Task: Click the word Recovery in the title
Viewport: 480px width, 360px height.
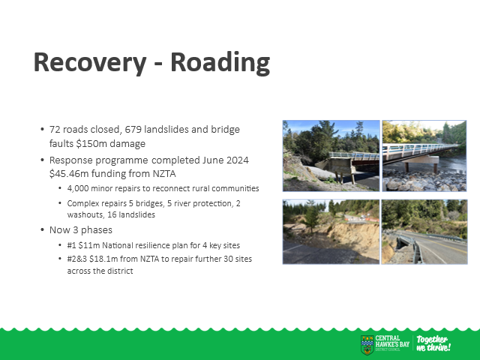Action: tap(90, 63)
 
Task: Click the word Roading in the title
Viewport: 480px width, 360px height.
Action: tap(220, 63)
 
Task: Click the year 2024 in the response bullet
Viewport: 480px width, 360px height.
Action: tap(238, 160)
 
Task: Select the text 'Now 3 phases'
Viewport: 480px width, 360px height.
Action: tap(81, 230)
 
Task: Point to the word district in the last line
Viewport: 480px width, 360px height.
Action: tap(121, 271)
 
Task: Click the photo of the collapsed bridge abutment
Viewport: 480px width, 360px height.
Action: tap(331, 156)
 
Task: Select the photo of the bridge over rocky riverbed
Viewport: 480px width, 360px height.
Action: tap(424, 156)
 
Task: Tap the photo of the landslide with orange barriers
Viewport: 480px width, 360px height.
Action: tap(331, 232)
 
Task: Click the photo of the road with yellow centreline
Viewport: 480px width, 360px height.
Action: tap(424, 232)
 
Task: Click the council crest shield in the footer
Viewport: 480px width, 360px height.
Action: tap(367, 345)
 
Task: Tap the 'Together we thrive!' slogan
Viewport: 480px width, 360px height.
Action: tap(433, 343)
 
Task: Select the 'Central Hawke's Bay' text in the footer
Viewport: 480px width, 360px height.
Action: tap(392, 341)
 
